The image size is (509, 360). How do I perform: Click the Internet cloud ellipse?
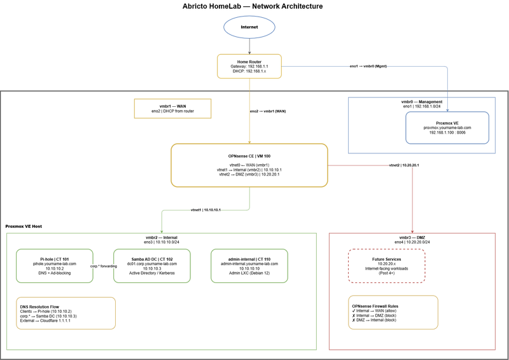click(249, 28)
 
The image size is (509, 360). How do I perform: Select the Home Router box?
click(249, 66)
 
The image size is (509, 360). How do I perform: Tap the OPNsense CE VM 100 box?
click(249, 165)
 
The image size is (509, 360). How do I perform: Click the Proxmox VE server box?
click(447, 128)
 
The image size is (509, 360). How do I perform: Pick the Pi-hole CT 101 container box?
click(54, 265)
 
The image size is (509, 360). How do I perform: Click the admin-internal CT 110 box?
click(249, 265)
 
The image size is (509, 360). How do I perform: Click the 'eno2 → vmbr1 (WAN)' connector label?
click(268, 111)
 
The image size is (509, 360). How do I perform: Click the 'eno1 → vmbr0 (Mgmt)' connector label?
click(368, 66)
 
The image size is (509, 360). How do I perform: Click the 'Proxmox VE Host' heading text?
click(24, 226)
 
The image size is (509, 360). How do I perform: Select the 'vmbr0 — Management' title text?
click(421, 102)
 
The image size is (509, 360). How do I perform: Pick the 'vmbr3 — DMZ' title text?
click(412, 237)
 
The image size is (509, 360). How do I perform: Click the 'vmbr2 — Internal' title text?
click(162, 237)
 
